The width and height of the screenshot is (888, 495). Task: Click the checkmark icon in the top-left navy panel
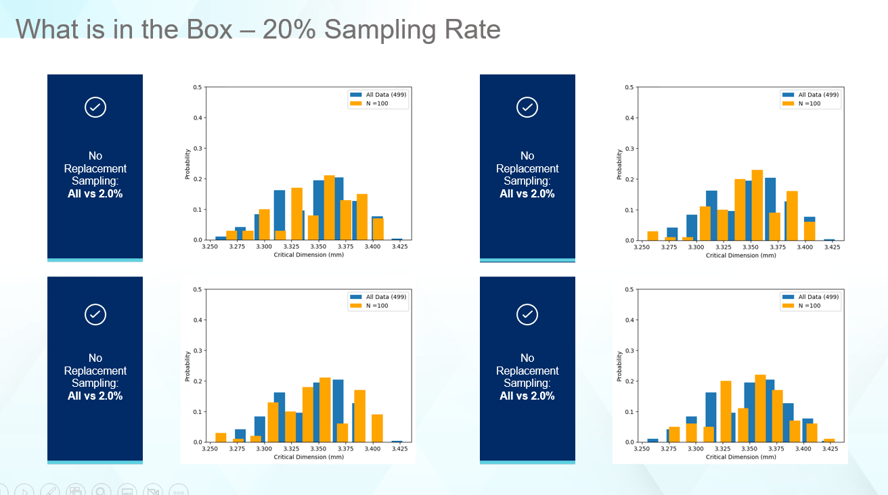tap(95, 107)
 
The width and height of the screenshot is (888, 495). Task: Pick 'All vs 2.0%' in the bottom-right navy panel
tap(527, 396)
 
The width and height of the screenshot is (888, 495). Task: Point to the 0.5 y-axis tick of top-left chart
tap(197, 87)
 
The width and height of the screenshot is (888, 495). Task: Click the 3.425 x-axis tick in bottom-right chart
tap(832, 449)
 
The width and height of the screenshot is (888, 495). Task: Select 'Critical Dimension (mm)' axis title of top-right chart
tap(740, 256)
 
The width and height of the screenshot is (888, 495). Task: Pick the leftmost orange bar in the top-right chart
tap(652, 236)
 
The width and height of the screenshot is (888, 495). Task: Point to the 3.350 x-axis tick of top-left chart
tap(318, 247)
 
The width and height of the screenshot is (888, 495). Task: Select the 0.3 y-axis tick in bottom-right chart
tap(629, 350)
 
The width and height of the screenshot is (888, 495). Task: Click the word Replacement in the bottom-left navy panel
tap(95, 371)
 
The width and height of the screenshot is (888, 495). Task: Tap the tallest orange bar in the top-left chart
tap(330, 208)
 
